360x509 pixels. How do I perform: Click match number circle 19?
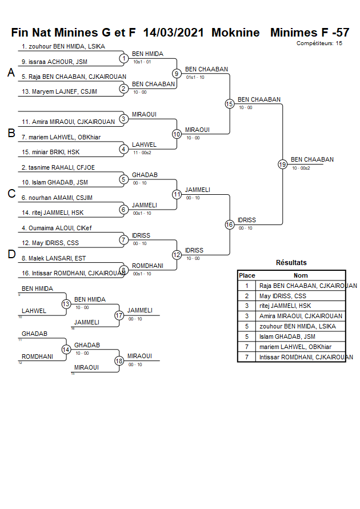tap(282, 165)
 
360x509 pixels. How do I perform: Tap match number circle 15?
tap(230, 104)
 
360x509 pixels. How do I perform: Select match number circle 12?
tap(177, 255)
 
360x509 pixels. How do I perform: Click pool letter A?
tap(11, 73)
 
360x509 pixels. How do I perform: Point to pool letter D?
tap(11, 255)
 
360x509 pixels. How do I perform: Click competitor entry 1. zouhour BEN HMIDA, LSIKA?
tap(63, 46)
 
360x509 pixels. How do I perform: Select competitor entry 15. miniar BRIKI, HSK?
tap(51, 152)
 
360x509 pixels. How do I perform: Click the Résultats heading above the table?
tap(291, 263)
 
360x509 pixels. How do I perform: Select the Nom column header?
tap(301, 275)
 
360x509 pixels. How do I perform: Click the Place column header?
tap(247, 275)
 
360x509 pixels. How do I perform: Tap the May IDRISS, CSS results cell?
tap(283, 296)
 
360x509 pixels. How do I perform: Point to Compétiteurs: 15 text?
tap(319, 43)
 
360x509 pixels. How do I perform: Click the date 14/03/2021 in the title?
tap(174, 33)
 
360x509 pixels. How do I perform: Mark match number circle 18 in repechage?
tap(119, 360)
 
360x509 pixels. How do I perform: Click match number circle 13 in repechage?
tap(66, 304)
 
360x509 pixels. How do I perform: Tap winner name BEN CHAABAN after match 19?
tap(312, 159)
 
